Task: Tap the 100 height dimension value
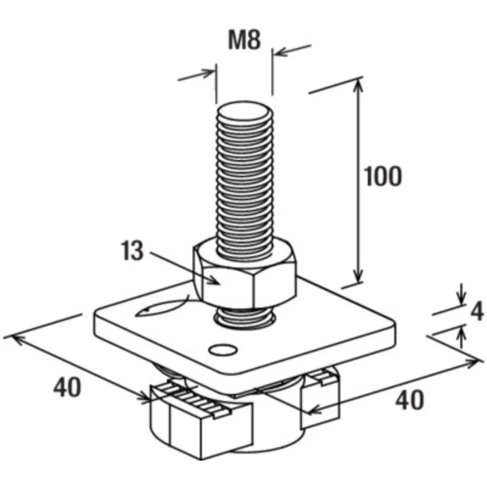coord(383,176)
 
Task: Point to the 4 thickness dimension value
coord(478,312)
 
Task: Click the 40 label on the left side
coord(67,389)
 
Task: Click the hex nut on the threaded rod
coord(243,280)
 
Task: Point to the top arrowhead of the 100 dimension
coord(359,85)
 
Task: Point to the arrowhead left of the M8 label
coord(210,73)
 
